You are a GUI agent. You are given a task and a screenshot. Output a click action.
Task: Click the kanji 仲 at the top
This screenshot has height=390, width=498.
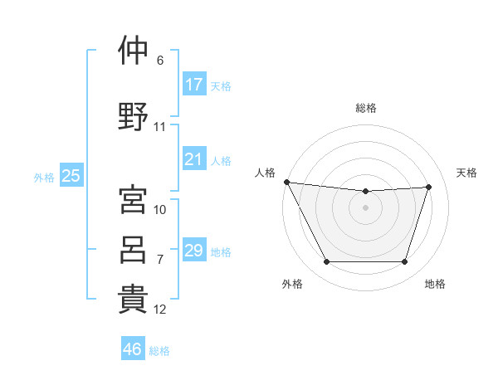pyautogui.click(x=133, y=50)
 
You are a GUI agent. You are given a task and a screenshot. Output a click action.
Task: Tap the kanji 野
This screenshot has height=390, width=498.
pyautogui.click(x=133, y=116)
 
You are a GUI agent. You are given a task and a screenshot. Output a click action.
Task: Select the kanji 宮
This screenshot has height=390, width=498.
pyautogui.click(x=133, y=199)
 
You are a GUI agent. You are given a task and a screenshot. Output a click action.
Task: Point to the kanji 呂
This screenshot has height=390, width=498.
pyautogui.click(x=133, y=250)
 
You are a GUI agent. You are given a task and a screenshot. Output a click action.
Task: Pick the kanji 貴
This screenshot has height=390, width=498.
pyautogui.click(x=133, y=300)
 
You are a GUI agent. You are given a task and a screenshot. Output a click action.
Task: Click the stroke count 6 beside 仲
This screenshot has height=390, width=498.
pyautogui.click(x=160, y=61)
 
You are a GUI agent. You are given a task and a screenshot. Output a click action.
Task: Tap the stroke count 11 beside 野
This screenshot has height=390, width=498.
pyautogui.click(x=159, y=127)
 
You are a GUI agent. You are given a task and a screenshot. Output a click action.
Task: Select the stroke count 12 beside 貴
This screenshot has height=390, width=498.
pyautogui.click(x=159, y=310)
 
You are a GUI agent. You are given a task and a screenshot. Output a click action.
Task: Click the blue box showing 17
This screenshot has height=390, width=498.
pyautogui.click(x=194, y=84)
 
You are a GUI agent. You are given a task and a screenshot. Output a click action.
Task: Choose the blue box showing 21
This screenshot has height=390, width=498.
pyautogui.click(x=194, y=158)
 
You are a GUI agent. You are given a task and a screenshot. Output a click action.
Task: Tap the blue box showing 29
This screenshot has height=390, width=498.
pyautogui.click(x=194, y=249)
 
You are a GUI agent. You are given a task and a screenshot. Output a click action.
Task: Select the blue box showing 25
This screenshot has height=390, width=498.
pyautogui.click(x=71, y=175)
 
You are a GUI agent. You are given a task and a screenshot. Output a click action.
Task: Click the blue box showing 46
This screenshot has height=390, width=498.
pyautogui.click(x=133, y=348)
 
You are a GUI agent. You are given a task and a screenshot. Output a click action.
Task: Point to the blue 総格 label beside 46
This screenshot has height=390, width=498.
pyautogui.click(x=159, y=351)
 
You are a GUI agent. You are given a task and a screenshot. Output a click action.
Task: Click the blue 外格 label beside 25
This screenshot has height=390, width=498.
pyautogui.click(x=44, y=178)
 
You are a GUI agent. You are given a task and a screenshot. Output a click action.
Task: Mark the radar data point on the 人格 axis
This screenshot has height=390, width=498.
pyautogui.click(x=287, y=182)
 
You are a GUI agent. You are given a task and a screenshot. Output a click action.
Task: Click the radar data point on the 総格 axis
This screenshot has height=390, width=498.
pyautogui.click(x=365, y=191)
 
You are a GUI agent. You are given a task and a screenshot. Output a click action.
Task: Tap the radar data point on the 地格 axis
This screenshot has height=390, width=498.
pyautogui.click(x=405, y=261)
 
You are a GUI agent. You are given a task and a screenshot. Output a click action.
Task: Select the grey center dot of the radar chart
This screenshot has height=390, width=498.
pyautogui.click(x=365, y=207)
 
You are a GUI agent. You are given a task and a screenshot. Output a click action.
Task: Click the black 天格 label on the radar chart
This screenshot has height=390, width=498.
pyautogui.click(x=466, y=173)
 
